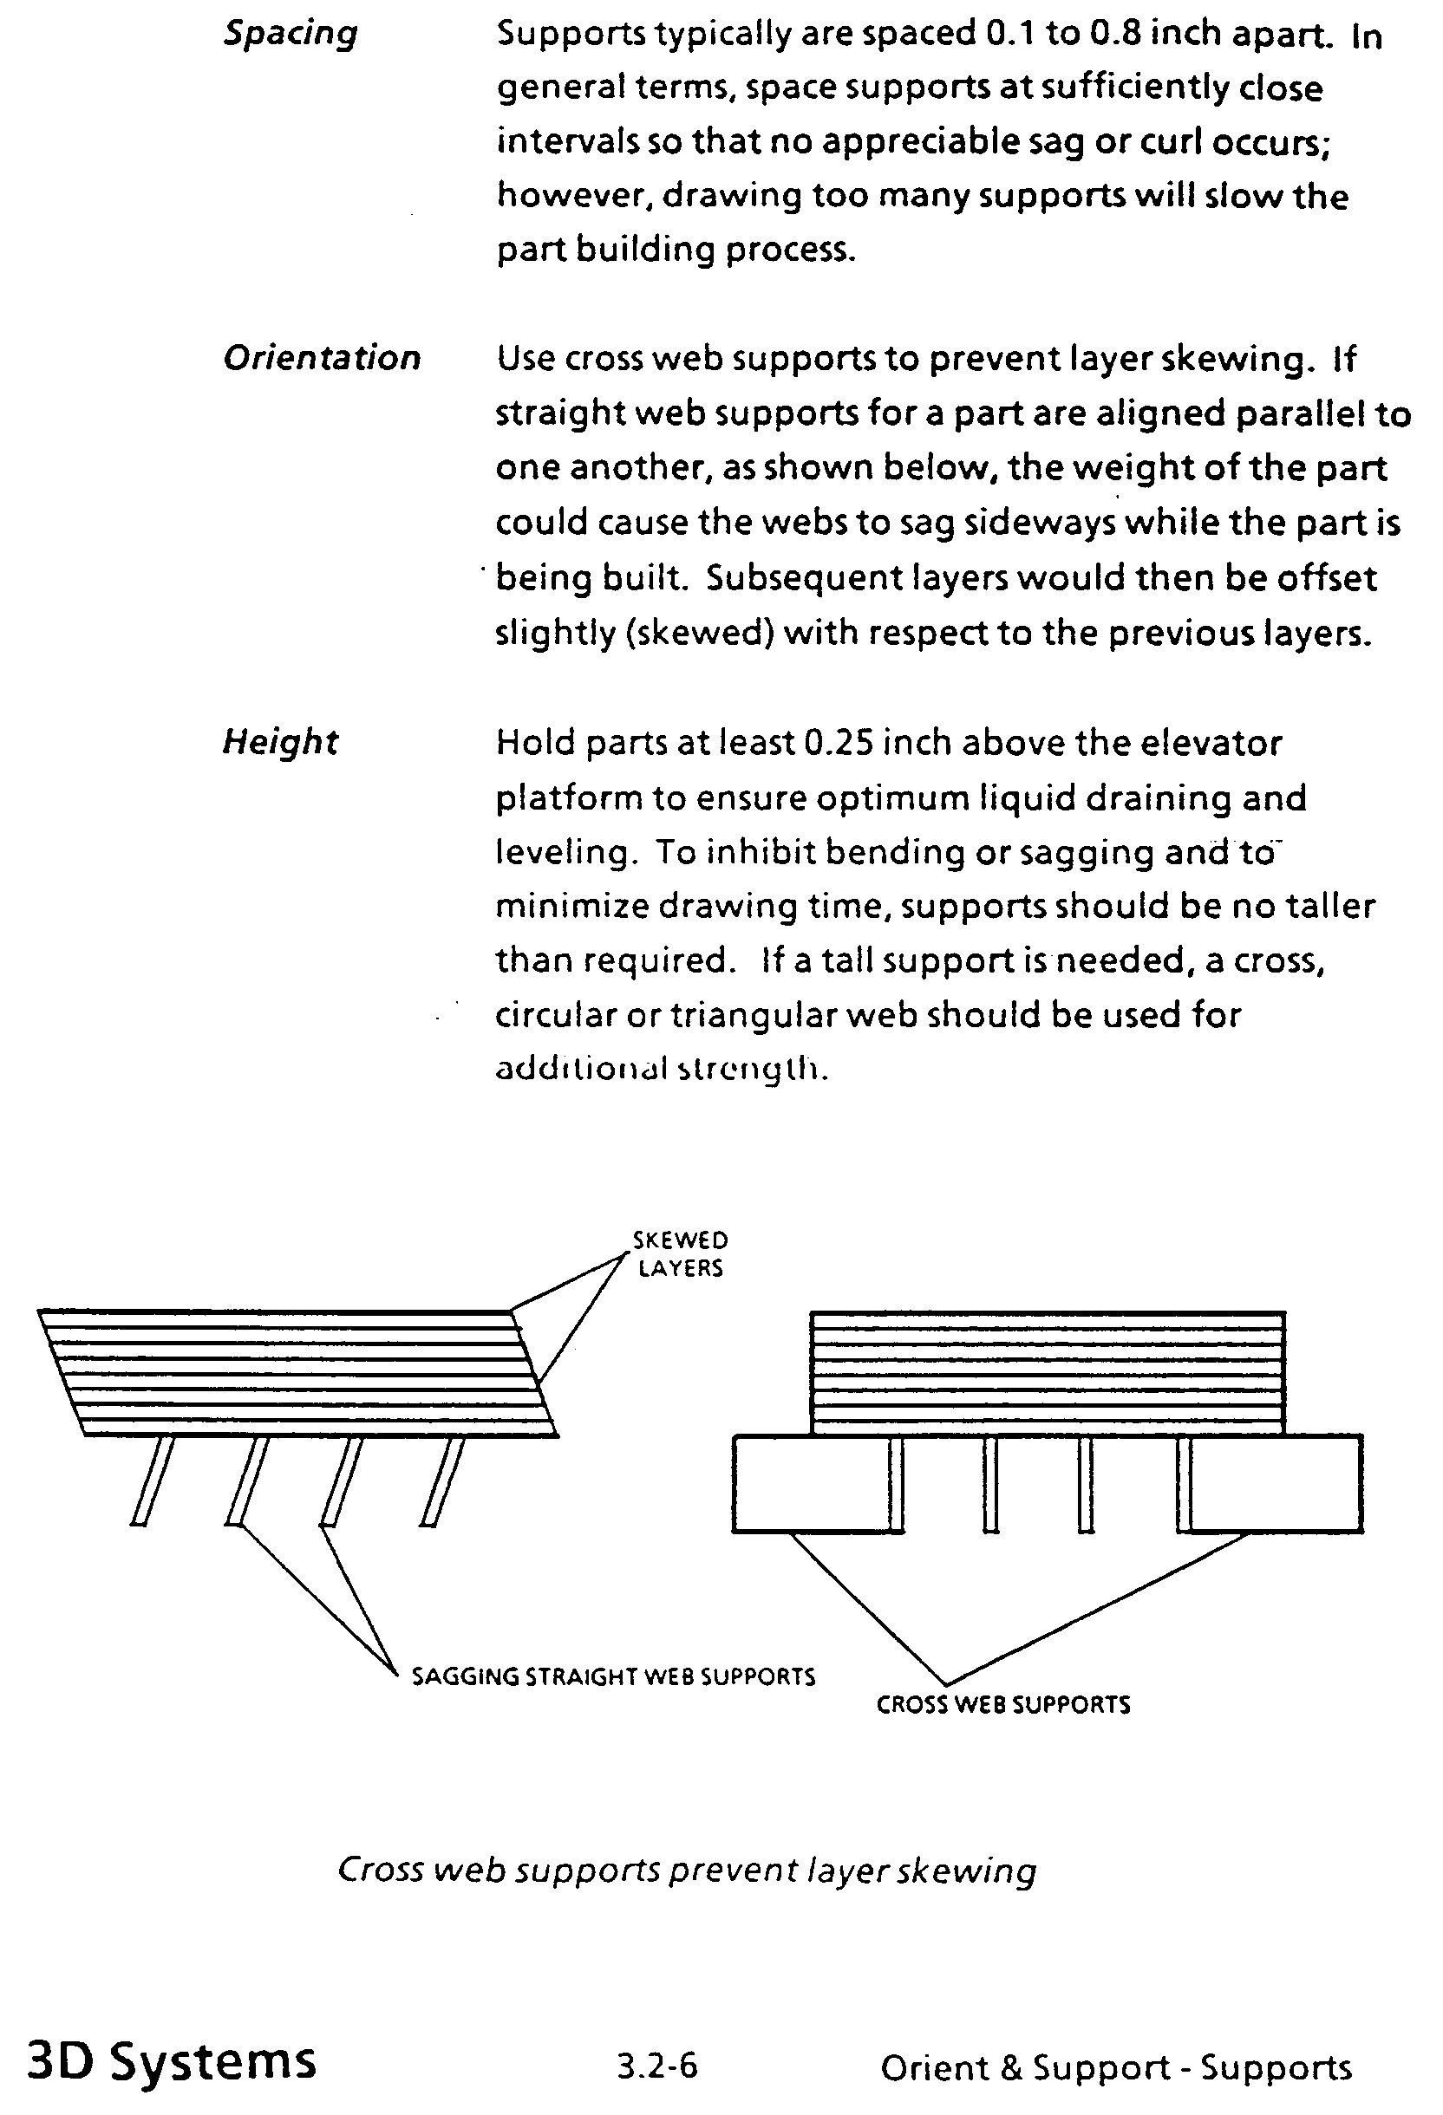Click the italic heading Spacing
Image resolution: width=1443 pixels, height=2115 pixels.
[291, 35]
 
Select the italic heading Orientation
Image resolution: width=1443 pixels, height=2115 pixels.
[322, 359]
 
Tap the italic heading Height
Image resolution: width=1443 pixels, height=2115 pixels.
[279, 743]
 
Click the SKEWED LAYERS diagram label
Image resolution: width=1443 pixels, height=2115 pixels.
[680, 1254]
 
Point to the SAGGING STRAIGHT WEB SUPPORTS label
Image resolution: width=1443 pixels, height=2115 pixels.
[613, 1676]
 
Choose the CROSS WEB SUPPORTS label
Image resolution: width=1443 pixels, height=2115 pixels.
[1002, 1704]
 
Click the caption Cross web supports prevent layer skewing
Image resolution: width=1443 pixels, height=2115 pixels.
[687, 1871]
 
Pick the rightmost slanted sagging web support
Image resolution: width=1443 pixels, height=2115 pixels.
[442, 1480]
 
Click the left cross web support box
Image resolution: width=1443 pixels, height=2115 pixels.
[809, 1483]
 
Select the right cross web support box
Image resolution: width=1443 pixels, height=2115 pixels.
[1276, 1483]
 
